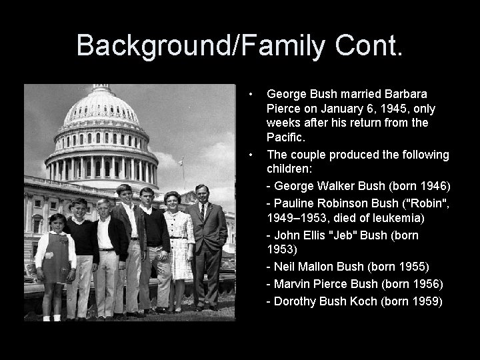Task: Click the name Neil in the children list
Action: pyautogui.click(x=285, y=267)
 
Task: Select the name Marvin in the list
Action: pyautogui.click(x=292, y=284)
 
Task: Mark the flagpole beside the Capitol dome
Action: pyautogui.click(x=183, y=172)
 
